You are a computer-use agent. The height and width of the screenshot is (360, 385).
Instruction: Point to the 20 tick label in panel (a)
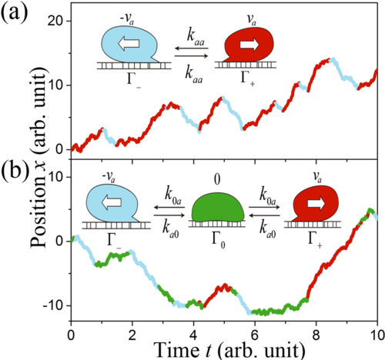(x=55, y=21)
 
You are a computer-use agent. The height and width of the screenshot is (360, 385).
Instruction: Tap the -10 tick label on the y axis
(x=53, y=305)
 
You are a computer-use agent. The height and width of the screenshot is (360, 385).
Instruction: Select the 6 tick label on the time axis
(x=255, y=335)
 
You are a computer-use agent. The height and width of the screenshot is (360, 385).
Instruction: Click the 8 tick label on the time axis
(x=316, y=335)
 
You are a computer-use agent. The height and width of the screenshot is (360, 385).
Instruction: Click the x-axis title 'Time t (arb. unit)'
(x=230, y=351)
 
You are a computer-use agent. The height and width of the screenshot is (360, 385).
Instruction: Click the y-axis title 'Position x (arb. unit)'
(x=38, y=158)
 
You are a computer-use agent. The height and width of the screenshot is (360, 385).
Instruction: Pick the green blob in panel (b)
(x=218, y=208)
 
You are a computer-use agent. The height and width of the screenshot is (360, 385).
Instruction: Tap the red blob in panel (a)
(x=249, y=44)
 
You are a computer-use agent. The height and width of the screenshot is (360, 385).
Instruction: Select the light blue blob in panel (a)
(x=129, y=44)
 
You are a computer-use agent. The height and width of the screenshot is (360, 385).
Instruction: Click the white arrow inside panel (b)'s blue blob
(x=112, y=202)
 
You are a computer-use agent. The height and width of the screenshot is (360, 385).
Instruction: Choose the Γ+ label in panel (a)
(x=248, y=78)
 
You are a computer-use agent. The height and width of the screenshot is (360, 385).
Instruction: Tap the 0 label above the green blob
(x=217, y=180)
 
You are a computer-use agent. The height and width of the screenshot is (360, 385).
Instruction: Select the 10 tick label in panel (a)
(x=55, y=85)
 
